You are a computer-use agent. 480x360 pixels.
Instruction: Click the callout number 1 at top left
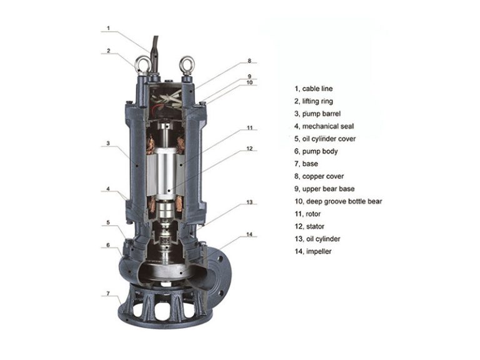tap(107, 28)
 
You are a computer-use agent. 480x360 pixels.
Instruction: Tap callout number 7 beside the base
tap(107, 293)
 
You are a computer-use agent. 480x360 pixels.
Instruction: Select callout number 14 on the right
tap(249, 234)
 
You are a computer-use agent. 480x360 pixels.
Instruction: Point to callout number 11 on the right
tap(249, 127)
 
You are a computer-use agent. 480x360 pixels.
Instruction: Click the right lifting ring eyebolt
tap(186, 64)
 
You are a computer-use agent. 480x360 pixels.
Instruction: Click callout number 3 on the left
tap(107, 143)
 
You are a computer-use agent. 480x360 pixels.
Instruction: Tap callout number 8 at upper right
tap(249, 61)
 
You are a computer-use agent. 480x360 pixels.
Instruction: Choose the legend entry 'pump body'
tap(319, 151)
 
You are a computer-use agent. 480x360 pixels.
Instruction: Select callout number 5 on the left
tap(107, 222)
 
